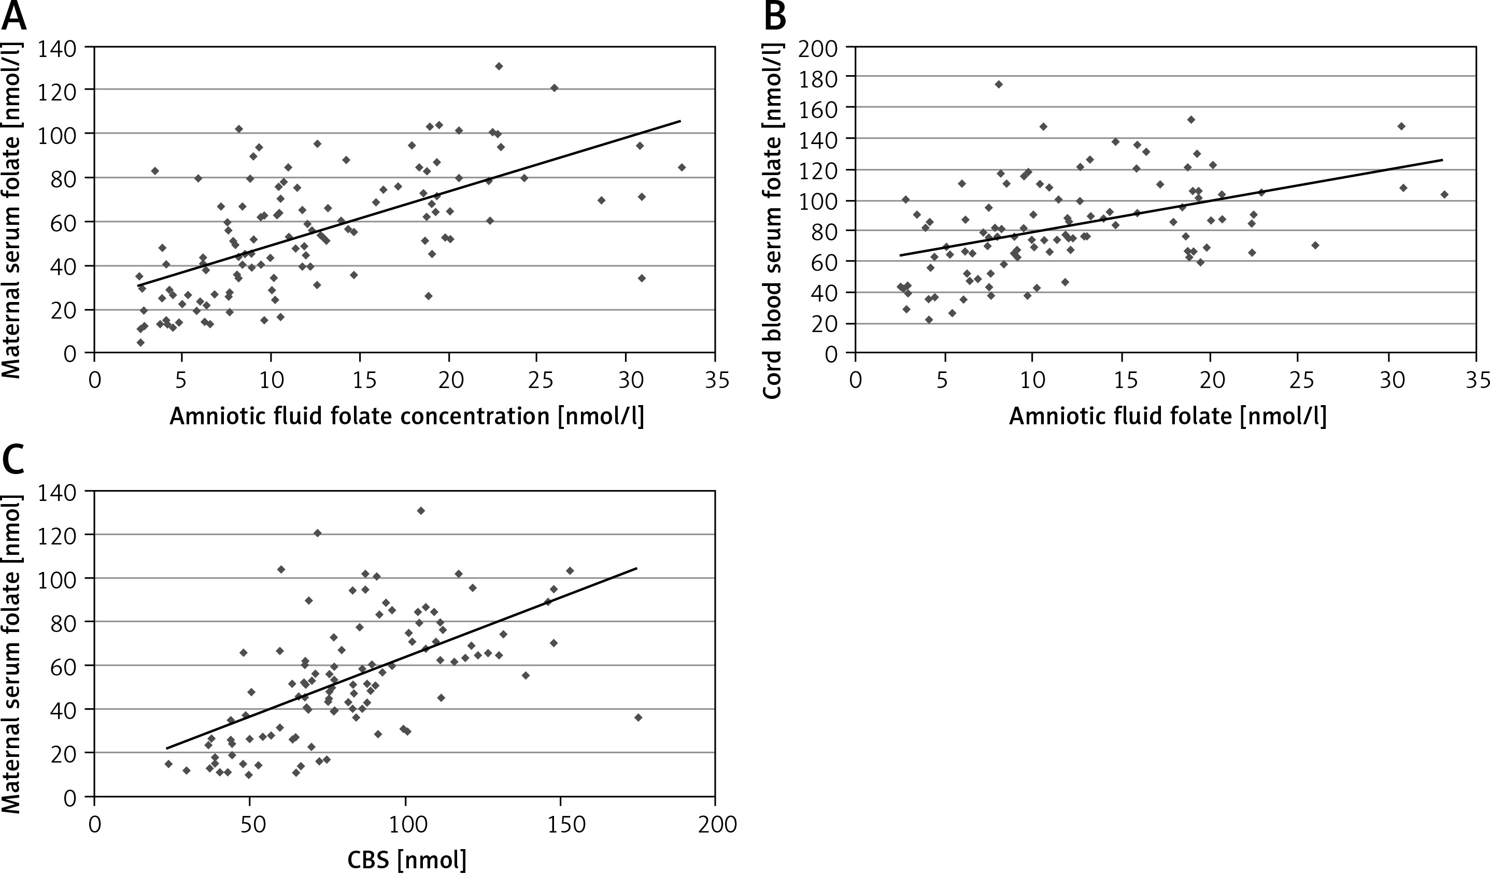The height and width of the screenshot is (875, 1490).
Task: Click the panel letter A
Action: coord(14,18)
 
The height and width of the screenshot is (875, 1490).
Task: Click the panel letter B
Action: coord(775,18)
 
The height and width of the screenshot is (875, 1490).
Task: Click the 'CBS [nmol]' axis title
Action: coord(407,859)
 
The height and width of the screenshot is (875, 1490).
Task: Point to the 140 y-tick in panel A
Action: coord(57,47)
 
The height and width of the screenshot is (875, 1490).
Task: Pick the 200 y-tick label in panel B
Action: coord(818,47)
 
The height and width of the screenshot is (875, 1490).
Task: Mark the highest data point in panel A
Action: coord(499,66)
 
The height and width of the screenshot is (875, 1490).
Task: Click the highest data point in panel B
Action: coord(999,84)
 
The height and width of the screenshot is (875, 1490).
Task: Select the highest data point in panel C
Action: coord(421,511)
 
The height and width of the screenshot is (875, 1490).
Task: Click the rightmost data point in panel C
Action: coord(638,717)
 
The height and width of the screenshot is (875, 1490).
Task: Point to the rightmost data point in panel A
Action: coord(682,167)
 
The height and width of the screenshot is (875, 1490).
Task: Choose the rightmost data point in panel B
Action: coord(1444,194)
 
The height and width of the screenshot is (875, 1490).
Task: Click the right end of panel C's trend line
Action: coord(637,569)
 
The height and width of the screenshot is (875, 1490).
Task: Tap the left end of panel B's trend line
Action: coord(901,255)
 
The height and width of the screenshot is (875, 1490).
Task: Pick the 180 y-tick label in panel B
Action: coord(818,76)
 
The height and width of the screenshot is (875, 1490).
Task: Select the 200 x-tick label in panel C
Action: coord(715,824)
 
